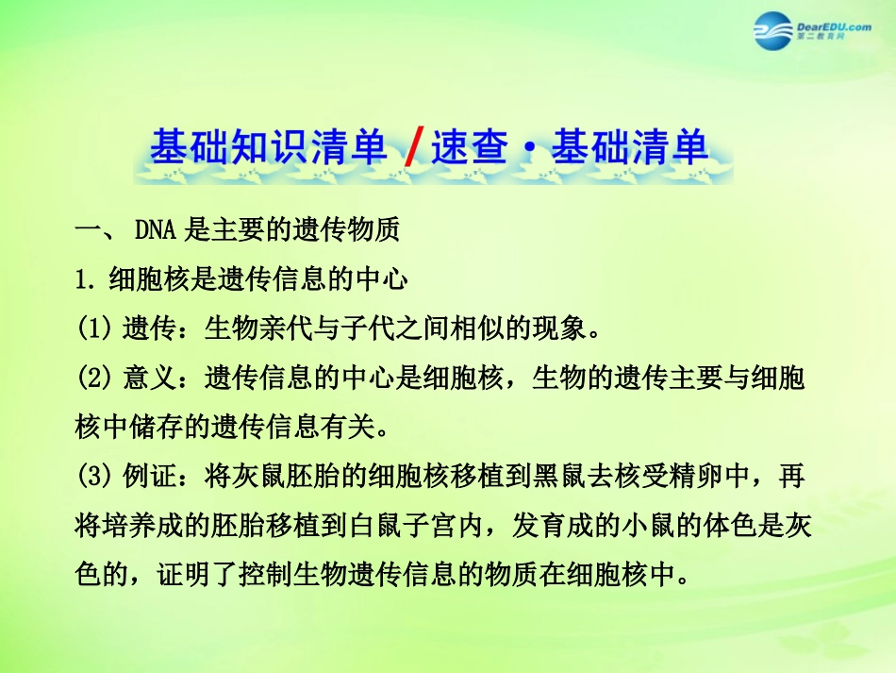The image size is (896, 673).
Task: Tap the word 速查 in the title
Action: [x=465, y=149]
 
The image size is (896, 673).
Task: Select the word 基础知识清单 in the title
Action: [x=269, y=149]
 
